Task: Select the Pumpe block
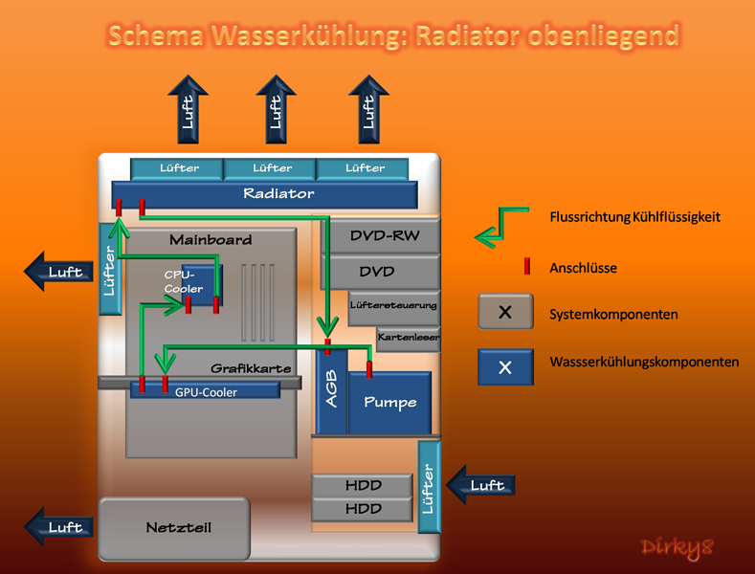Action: pyautogui.click(x=389, y=402)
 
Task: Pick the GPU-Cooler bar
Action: pyautogui.click(x=206, y=391)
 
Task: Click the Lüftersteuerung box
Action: pyautogui.click(x=394, y=306)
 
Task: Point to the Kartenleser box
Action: pyautogui.click(x=409, y=338)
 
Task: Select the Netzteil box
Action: pyautogui.click(x=173, y=527)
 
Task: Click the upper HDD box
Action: pyautogui.click(x=363, y=486)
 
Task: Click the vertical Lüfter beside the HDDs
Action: pyautogui.click(x=429, y=485)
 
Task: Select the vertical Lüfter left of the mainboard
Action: pyautogui.click(x=108, y=269)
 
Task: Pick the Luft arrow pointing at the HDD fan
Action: pyautogui.click(x=482, y=485)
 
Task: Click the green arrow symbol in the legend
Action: pyautogui.click(x=503, y=225)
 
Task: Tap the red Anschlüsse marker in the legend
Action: pyautogui.click(x=526, y=267)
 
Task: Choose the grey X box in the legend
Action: pyautogui.click(x=505, y=312)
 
